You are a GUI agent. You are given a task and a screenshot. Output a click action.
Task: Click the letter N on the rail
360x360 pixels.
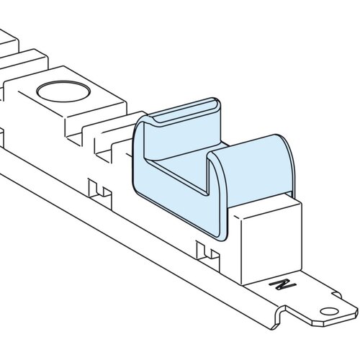tap(283, 284)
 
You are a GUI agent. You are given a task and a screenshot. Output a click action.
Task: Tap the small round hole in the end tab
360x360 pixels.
tap(329, 312)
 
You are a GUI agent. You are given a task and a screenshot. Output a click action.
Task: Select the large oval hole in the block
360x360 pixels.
tap(63, 91)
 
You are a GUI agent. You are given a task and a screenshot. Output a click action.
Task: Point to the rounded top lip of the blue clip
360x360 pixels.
tap(186, 109)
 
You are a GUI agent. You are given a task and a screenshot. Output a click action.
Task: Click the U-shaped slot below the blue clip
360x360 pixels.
tap(208, 254)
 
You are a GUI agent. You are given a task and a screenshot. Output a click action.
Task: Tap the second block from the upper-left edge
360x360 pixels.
tap(24, 63)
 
